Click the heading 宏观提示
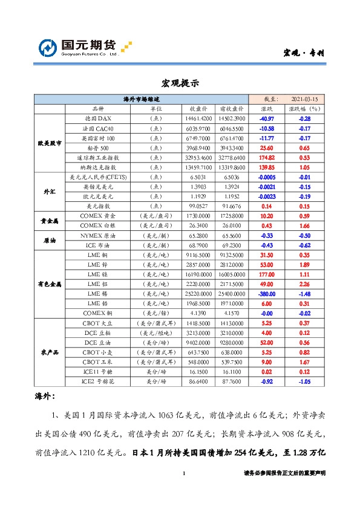pyautogui.click(x=180, y=83)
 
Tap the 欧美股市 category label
pyautogui.click(x=49, y=143)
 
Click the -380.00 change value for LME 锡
pyautogui.click(x=266, y=293)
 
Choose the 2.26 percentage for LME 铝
pyautogui.click(x=304, y=284)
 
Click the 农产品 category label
pyautogui.click(x=49, y=352)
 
